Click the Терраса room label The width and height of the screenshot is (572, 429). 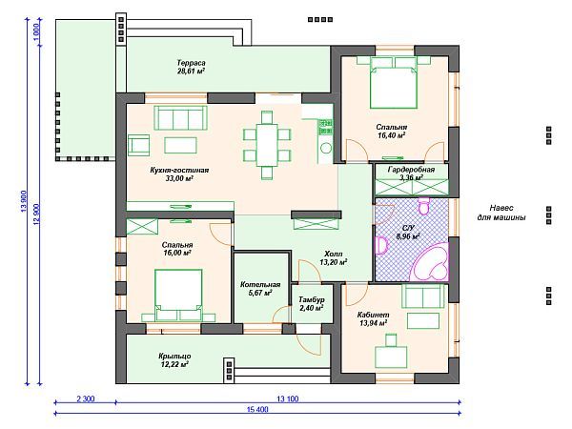point(191,63)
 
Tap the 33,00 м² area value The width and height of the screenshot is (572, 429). point(179,179)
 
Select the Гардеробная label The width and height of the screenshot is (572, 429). point(411,170)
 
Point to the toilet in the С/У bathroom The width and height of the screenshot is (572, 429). point(423,206)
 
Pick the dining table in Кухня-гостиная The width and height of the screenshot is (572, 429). point(267,145)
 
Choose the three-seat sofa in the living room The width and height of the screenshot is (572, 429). point(180,117)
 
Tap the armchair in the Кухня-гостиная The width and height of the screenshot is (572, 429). point(139,145)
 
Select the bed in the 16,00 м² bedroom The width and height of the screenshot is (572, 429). point(178,296)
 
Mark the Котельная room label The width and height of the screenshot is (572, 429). point(260,284)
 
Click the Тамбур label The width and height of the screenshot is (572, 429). point(312,300)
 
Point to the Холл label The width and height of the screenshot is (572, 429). point(333,254)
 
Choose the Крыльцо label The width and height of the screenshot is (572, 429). point(174,356)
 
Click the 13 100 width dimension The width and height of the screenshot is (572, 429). point(288,398)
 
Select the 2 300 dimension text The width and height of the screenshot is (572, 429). point(86,398)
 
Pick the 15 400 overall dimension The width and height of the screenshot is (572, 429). point(257,409)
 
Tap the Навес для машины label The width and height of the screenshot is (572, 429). point(501,213)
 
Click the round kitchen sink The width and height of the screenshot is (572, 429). point(326,148)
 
